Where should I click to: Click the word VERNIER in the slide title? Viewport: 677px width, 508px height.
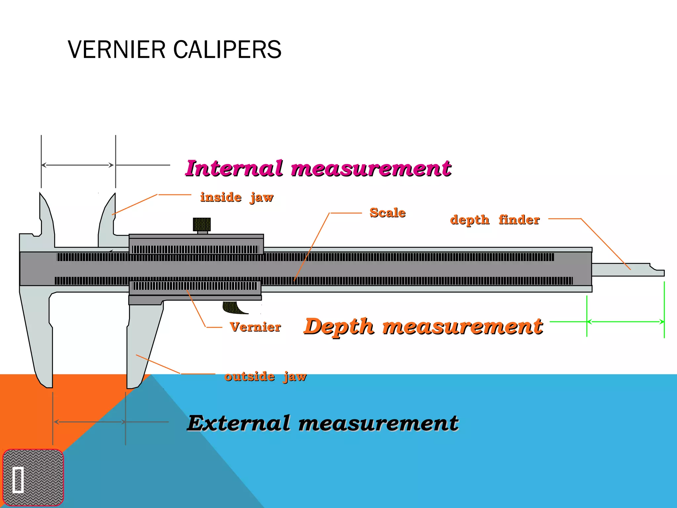coord(116,50)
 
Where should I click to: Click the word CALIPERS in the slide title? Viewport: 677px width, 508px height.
coord(227,50)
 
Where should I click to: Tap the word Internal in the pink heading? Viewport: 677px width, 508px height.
coord(234,168)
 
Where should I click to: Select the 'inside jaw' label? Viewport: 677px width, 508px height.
coord(237,197)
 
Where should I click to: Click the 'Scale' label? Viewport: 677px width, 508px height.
coord(387,213)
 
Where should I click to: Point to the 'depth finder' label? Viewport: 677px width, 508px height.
coord(495,220)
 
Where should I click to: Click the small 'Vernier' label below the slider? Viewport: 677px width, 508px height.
coord(255,327)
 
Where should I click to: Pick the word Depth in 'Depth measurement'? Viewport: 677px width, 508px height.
coord(339,326)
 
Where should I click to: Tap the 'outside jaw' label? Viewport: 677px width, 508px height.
coord(265,376)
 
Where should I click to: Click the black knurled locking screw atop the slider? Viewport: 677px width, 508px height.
coord(202,225)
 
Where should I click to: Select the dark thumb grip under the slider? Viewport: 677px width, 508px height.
coord(233,308)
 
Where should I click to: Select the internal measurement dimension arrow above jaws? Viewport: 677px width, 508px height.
coord(78,165)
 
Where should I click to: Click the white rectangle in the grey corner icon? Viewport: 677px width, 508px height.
coord(18,480)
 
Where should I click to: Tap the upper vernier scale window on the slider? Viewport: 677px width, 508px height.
coord(196,249)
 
